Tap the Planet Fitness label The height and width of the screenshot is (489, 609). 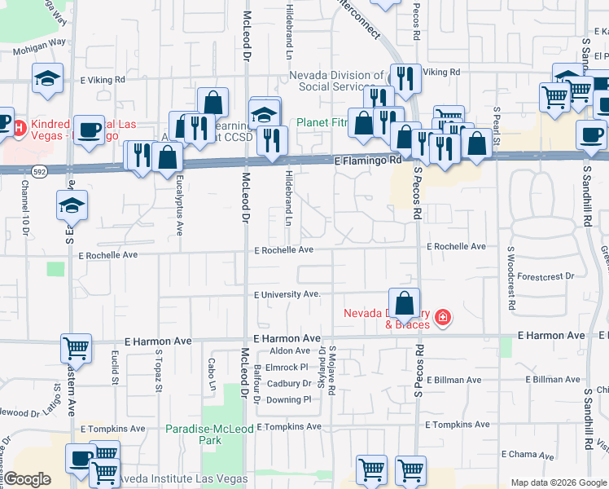click(322, 123)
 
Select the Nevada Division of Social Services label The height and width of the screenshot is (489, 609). click(336, 81)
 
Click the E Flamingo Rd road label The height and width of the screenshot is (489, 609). click(369, 161)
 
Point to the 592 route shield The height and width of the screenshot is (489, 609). click(39, 172)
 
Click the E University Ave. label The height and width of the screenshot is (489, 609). click(287, 294)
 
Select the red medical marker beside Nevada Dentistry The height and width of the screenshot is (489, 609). click(442, 316)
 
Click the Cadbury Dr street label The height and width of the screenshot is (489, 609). click(289, 383)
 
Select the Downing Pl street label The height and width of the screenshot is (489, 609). click(289, 399)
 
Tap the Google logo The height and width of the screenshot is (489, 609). click(28, 479)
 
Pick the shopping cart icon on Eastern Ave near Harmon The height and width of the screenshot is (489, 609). click(76, 349)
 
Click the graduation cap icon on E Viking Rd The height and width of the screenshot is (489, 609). click(48, 79)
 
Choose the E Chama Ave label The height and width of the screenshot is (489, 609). click(528, 453)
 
